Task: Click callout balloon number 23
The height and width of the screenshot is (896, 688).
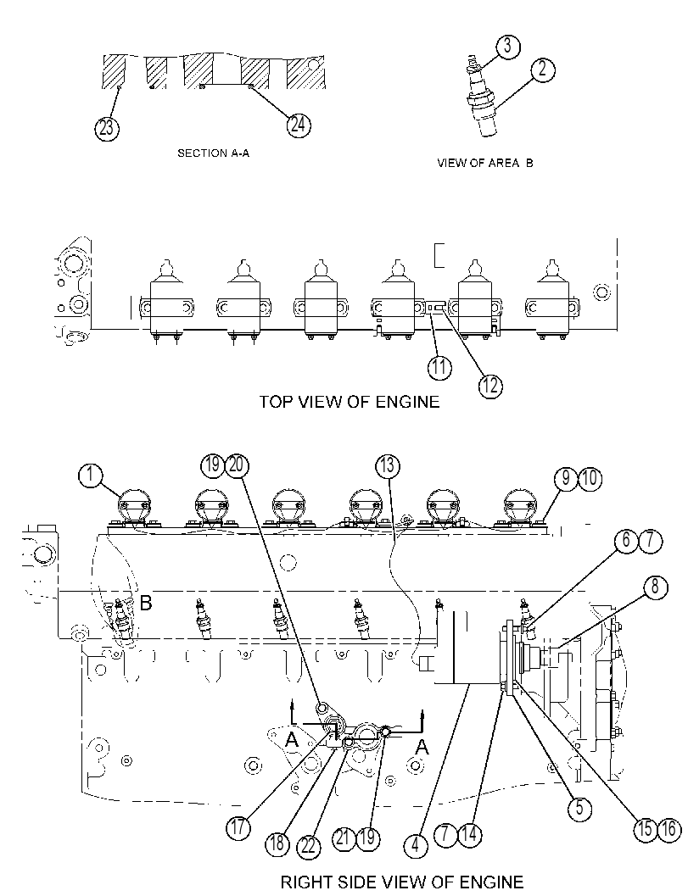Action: [x=106, y=127]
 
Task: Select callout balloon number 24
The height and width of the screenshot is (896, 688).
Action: [x=298, y=125]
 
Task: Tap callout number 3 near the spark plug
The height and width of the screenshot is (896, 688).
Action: [x=508, y=47]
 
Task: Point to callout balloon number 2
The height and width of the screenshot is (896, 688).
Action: [x=543, y=70]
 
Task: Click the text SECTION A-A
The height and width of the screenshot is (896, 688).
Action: [x=213, y=153]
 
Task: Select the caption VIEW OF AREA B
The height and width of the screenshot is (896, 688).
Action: [x=485, y=164]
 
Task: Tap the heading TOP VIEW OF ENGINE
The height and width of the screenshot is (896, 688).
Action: [x=350, y=402]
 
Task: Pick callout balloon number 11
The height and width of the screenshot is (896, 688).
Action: [x=439, y=367]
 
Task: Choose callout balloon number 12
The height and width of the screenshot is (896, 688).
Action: [x=490, y=387]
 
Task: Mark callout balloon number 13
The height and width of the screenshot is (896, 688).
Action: [x=387, y=466]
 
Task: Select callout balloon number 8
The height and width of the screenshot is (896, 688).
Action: [x=655, y=587]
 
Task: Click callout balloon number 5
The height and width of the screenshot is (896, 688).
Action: [x=579, y=808]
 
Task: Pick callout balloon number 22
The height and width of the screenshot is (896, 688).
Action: [x=309, y=846]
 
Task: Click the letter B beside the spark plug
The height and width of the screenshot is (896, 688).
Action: [x=146, y=603]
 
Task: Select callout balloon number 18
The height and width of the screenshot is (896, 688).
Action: [x=277, y=843]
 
